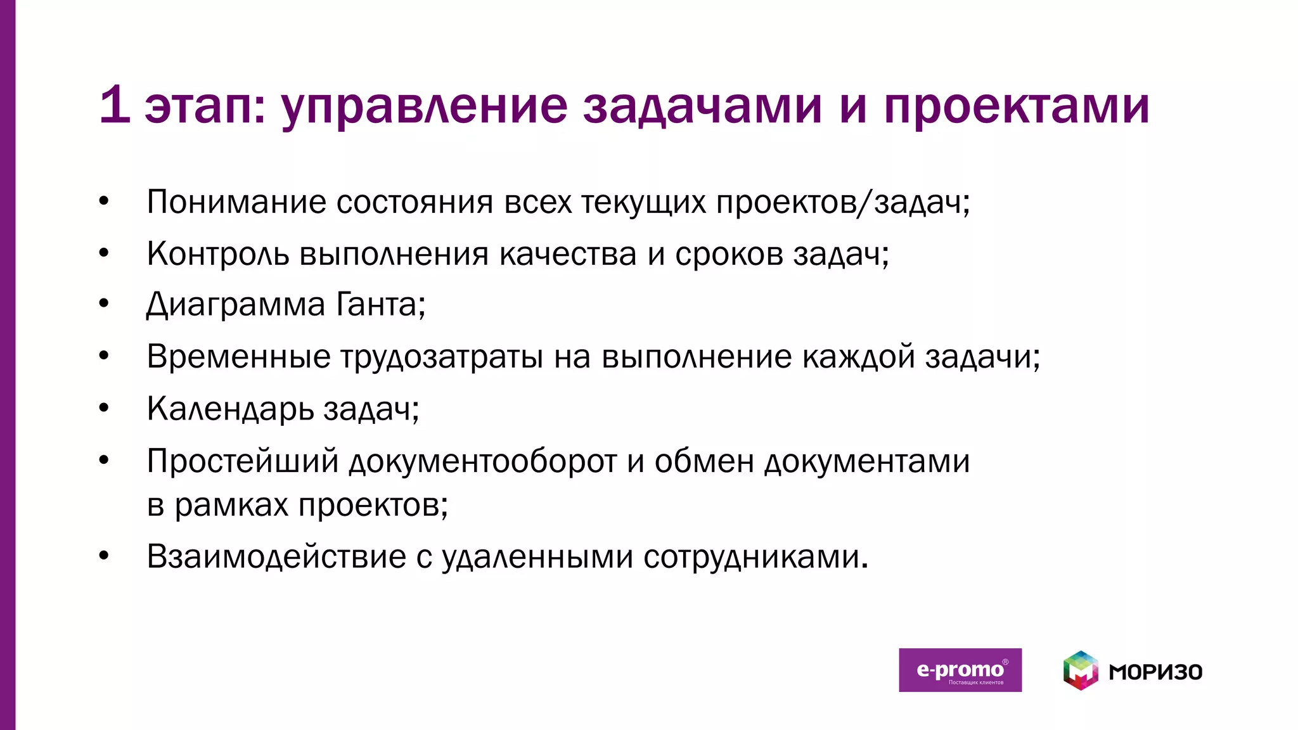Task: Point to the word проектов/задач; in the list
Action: [x=843, y=203]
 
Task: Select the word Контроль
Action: [x=217, y=254]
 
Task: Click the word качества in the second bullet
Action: [x=567, y=254]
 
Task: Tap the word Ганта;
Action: [x=380, y=305]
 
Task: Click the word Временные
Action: [x=238, y=357]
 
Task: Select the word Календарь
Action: [x=230, y=409]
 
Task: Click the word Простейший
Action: [x=243, y=461]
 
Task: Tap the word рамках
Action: [x=231, y=506]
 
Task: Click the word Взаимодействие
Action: [x=276, y=557]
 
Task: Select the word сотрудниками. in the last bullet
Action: [x=755, y=558]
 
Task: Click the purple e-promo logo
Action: [x=960, y=670]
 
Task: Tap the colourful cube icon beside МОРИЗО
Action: [x=1081, y=670]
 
